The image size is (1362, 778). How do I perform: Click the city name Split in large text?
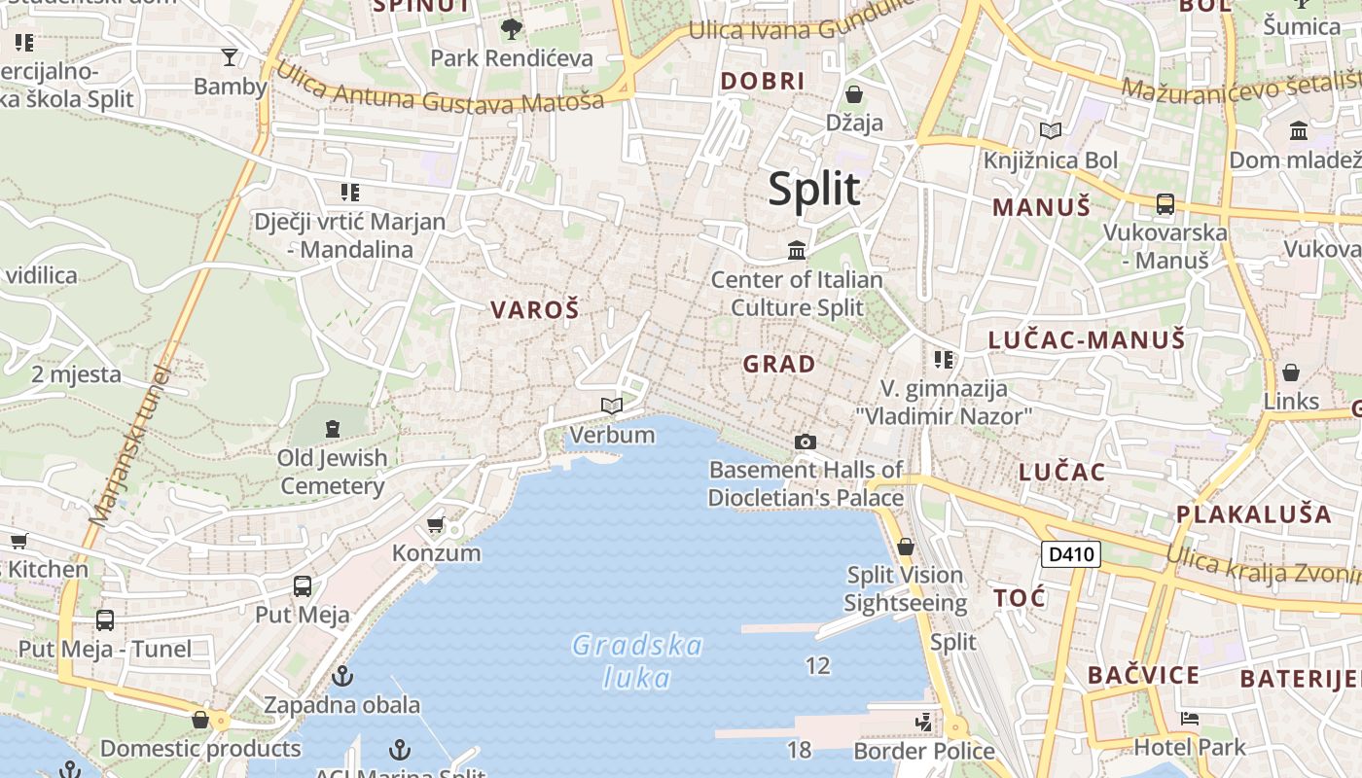click(x=814, y=189)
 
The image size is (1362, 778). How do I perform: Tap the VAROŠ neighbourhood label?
click(x=534, y=310)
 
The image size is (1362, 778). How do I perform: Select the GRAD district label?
click(x=779, y=364)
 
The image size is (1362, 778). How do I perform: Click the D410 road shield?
click(x=1070, y=555)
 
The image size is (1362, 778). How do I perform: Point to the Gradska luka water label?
click(x=637, y=660)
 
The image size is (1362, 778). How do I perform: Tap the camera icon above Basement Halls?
click(x=805, y=442)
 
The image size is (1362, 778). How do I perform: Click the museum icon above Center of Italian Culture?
click(x=798, y=251)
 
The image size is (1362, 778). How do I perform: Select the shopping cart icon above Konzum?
click(x=435, y=525)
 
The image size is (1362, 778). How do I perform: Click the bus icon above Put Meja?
click(x=303, y=586)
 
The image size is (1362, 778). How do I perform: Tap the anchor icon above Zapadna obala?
click(x=342, y=676)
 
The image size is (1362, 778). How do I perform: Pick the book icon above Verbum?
click(x=611, y=406)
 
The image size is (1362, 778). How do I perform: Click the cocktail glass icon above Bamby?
click(x=230, y=57)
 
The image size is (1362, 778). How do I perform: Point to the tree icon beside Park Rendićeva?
click(x=511, y=29)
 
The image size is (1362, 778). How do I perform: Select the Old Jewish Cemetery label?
click(x=333, y=472)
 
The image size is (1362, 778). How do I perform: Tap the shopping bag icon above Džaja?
click(x=854, y=94)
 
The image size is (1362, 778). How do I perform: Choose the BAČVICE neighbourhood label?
click(x=1143, y=675)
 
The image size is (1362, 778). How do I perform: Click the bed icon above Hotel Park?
click(x=1189, y=720)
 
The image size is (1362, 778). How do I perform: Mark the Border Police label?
click(x=923, y=751)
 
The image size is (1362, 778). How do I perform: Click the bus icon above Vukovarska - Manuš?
click(x=1165, y=204)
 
